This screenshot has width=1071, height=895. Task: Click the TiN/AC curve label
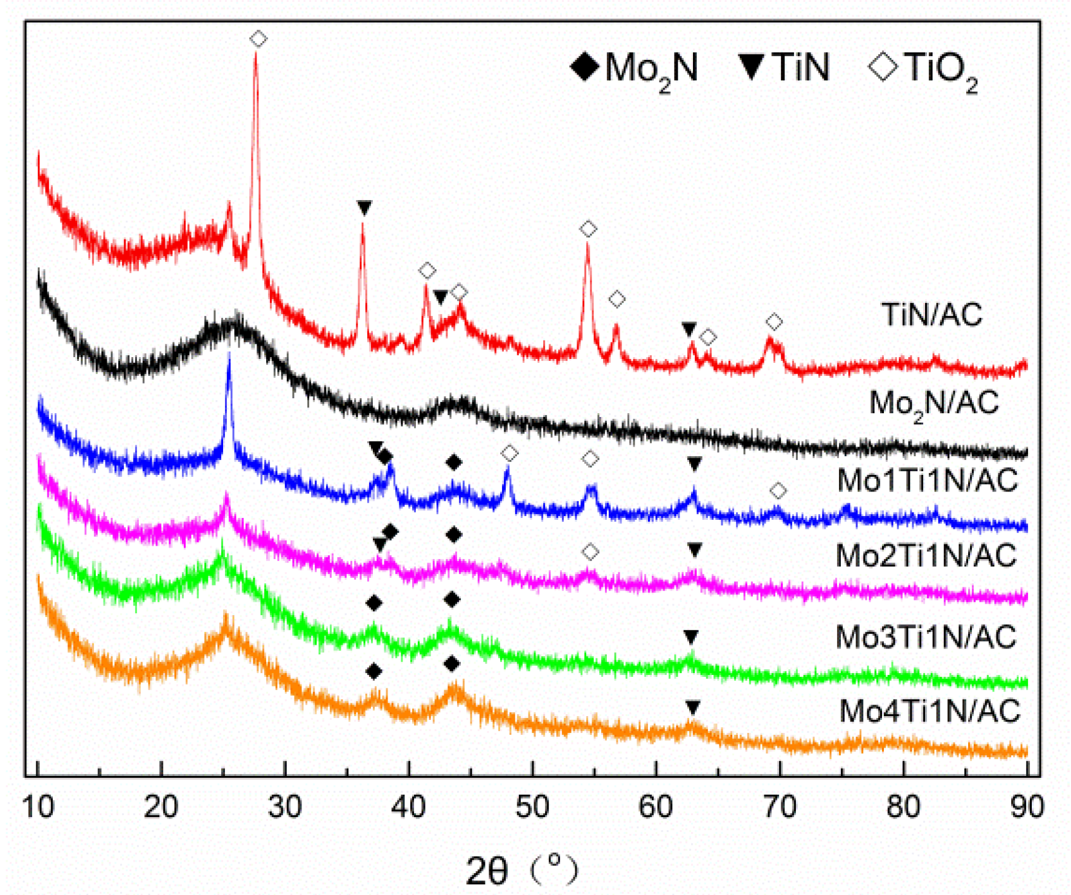click(x=932, y=315)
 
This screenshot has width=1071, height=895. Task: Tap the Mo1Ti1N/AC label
click(x=928, y=481)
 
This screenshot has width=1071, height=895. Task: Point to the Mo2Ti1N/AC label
click(x=926, y=556)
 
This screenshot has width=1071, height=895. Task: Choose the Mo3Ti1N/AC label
click(x=926, y=637)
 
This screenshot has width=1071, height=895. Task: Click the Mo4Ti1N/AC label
click(x=930, y=711)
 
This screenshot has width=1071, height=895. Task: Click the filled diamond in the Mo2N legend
click(x=585, y=67)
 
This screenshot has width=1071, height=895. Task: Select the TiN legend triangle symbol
click(x=751, y=67)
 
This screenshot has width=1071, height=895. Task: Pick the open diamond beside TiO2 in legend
click(x=883, y=67)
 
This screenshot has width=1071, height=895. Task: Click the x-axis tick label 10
click(x=38, y=806)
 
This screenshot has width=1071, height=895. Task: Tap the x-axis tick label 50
click(x=532, y=806)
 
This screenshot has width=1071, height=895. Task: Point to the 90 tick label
click(x=1027, y=806)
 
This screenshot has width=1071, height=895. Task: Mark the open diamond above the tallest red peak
click(x=258, y=39)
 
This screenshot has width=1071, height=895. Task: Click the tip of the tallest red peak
click(x=256, y=54)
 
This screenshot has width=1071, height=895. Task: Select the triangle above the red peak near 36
click(x=364, y=208)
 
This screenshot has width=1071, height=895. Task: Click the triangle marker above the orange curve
click(x=692, y=707)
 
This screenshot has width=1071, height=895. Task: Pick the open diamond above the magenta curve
click(x=590, y=552)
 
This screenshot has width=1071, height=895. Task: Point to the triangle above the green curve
click(x=690, y=637)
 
